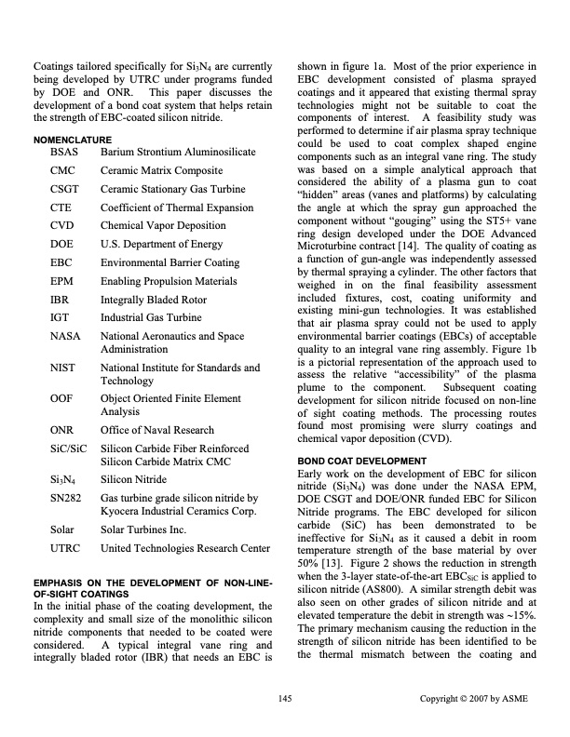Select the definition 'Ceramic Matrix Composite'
(161, 171)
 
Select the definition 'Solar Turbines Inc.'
(146, 529)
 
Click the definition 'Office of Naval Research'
(157, 430)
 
